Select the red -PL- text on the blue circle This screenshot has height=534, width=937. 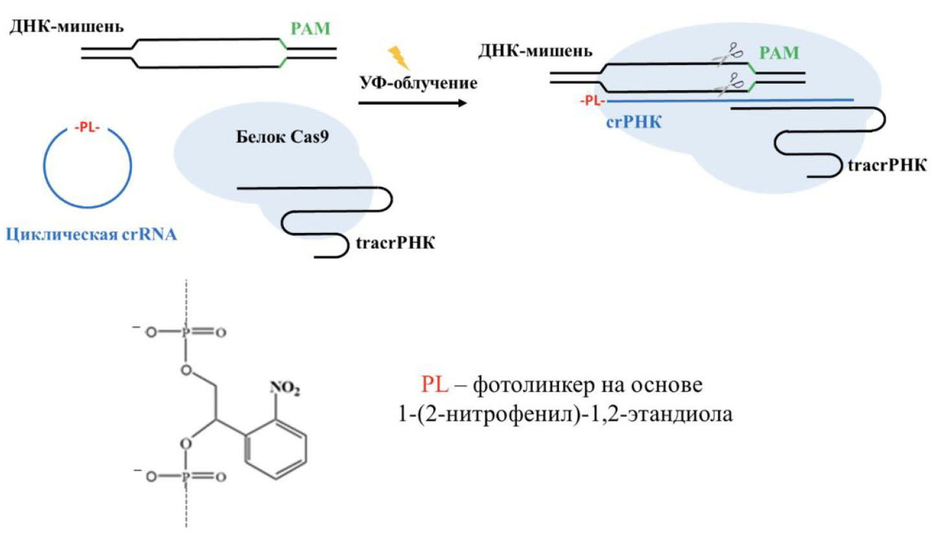point(86,128)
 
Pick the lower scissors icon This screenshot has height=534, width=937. point(731,84)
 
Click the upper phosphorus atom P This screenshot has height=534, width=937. point(185,333)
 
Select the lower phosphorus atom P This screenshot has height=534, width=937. point(185,477)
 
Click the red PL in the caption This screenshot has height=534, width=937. point(434,385)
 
